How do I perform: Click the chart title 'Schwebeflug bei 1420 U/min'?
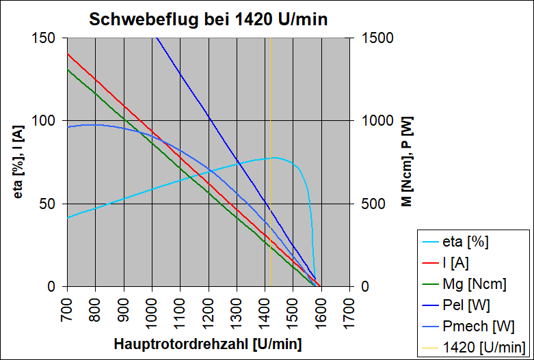click(x=209, y=20)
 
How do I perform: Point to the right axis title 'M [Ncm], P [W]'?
click(x=406, y=161)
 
